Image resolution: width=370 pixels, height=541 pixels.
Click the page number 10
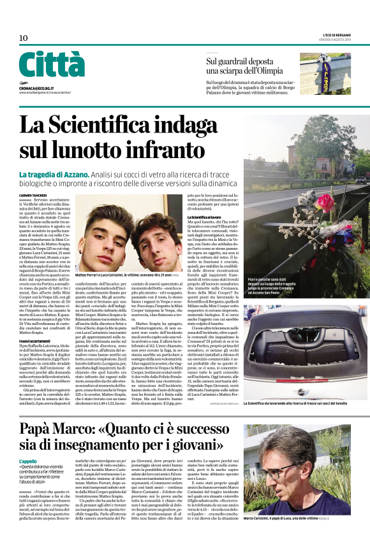[24, 38]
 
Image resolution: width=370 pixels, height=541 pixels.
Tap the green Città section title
[52, 65]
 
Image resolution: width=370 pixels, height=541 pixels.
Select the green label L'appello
[29, 460]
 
